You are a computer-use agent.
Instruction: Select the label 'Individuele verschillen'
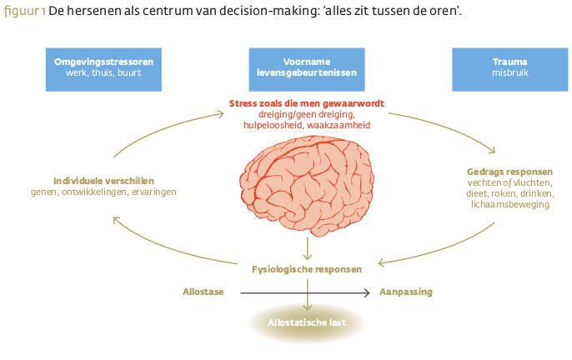pos(104,180)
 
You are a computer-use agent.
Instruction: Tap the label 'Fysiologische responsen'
pos(307,269)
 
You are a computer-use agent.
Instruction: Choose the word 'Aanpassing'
pos(406,292)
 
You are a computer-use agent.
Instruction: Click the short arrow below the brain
pos(308,247)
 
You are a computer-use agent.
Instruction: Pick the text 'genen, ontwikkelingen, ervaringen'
pos(104,192)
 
